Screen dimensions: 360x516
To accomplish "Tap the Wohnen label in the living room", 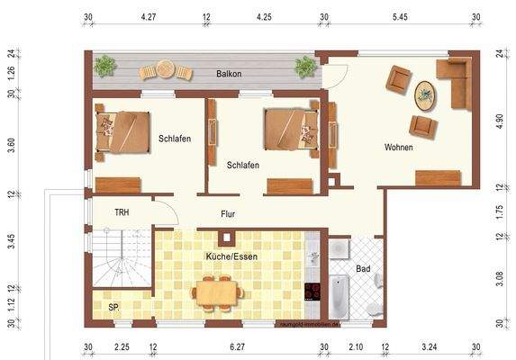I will [x=398, y=147].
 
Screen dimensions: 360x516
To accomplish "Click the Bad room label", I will [x=363, y=269].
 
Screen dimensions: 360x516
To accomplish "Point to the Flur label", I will [x=229, y=214].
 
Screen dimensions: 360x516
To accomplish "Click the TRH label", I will [x=122, y=212].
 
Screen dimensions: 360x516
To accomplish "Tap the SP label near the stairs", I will [x=113, y=308].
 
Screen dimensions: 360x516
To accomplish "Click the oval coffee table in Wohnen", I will [x=424, y=92].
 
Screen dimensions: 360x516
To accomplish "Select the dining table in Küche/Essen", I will [x=217, y=292].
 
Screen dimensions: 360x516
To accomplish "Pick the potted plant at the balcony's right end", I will [x=306, y=66].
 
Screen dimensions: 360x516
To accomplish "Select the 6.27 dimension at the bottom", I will [x=238, y=347].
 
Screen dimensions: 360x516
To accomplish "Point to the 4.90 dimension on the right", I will [x=500, y=122].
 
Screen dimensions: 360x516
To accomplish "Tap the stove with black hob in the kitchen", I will [x=312, y=291].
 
